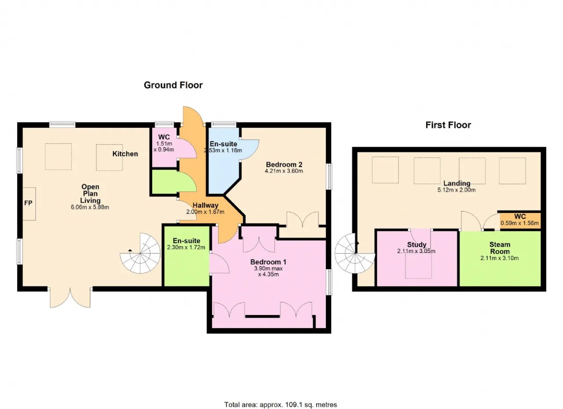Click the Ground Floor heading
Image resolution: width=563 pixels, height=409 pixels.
pos(173,85)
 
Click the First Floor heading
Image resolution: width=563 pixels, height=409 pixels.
pos(448,125)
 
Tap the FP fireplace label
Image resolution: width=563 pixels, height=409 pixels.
pos(28,203)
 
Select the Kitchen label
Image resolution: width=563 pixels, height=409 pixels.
pos(125,154)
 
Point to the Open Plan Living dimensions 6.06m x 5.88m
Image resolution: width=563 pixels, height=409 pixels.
pos(90,207)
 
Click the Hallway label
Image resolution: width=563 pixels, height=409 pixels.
pos(205,206)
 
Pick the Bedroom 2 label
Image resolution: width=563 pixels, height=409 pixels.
pos(284,164)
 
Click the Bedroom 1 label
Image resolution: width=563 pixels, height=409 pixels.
pos(268,262)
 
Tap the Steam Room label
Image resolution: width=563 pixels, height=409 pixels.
pos(500,248)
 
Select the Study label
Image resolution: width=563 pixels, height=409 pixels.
pos(417,245)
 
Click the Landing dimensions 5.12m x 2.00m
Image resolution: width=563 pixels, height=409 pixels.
pos(457,190)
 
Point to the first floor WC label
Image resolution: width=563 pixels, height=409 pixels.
pos(520,217)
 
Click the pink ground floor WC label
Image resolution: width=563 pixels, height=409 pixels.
pos(164,137)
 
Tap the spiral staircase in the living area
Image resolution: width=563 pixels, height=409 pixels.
pos(140,253)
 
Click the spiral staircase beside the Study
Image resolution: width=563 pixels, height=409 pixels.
pos(355,253)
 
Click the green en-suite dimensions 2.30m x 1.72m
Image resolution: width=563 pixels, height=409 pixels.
pos(186,247)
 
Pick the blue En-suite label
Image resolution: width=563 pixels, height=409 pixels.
pos(223,144)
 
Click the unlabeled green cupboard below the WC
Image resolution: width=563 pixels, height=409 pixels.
pos(165,182)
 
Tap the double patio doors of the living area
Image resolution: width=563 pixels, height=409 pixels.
pos(70,297)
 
